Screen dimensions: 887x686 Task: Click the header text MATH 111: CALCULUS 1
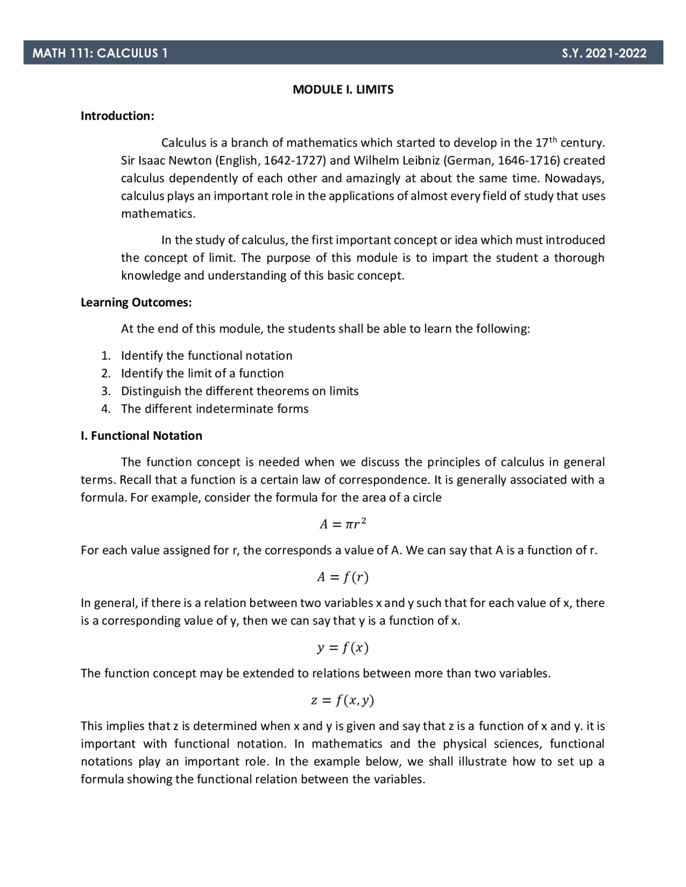(x=100, y=53)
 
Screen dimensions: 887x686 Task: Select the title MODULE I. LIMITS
(x=343, y=89)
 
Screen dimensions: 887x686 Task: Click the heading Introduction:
(x=117, y=116)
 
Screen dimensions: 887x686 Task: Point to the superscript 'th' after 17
(x=553, y=140)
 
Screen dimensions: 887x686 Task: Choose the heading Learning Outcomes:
(x=136, y=303)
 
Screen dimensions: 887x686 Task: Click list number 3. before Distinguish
(x=106, y=391)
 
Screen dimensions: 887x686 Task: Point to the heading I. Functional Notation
(x=141, y=435)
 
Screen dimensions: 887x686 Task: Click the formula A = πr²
(x=343, y=524)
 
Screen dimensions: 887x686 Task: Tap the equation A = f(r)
(x=343, y=577)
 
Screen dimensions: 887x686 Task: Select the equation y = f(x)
(x=343, y=648)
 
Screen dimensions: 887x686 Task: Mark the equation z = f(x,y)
(x=343, y=700)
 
